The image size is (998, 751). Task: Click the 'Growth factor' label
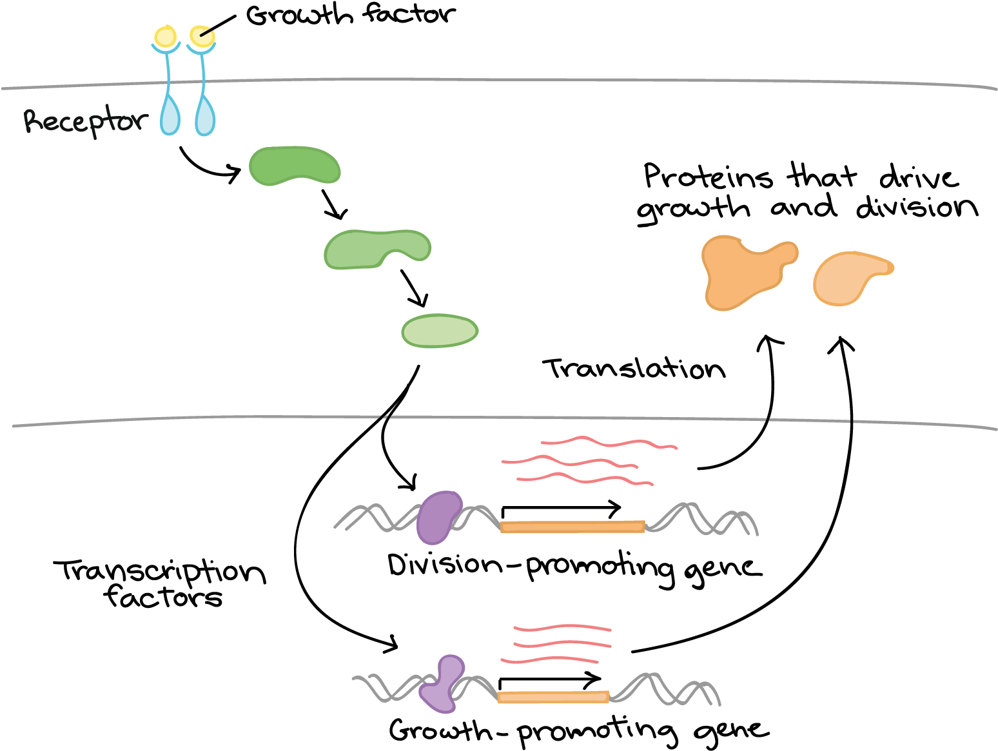point(351,15)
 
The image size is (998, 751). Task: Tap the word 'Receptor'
point(86,121)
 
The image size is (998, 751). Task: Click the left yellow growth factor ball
point(165,36)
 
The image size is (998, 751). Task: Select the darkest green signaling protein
point(295,166)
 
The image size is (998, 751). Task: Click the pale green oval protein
point(440,331)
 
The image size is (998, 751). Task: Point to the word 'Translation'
point(634,368)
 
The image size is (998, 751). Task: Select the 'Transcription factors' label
point(160,584)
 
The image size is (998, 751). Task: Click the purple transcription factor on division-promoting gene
point(438,518)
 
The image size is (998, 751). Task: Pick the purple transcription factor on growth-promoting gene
point(442,684)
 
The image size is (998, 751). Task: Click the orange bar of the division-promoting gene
point(572,527)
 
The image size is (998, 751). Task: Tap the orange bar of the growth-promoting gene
point(553,697)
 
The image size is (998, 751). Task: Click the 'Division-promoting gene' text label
point(574,569)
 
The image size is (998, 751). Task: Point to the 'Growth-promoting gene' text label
point(579,732)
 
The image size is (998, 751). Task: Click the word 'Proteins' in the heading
point(708,177)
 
